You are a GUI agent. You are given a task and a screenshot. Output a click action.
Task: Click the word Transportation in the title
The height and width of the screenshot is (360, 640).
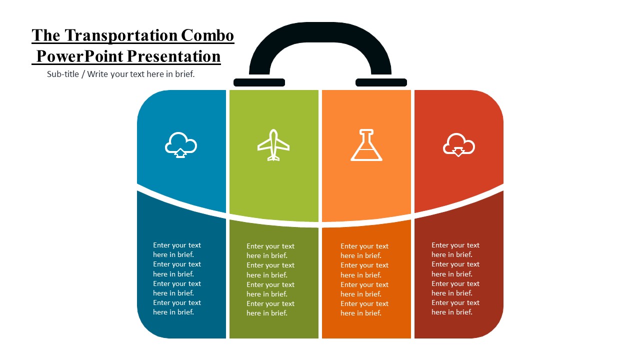pos(121,36)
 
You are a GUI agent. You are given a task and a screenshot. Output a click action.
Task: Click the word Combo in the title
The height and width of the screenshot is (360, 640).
pos(207,35)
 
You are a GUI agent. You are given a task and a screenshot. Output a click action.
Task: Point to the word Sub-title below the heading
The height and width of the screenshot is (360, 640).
pos(63,74)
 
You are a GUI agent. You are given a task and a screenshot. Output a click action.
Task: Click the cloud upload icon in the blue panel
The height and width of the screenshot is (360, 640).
pos(181,145)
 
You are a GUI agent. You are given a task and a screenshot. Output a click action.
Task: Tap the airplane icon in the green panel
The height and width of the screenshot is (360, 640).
pos(273,145)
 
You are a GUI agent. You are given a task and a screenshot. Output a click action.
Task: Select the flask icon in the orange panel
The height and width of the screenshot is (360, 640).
pos(366,145)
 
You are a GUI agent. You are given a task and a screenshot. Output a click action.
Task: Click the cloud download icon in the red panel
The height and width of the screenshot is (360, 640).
pos(459,145)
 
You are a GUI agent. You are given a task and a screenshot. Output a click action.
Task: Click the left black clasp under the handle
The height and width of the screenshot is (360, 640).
pos(259,82)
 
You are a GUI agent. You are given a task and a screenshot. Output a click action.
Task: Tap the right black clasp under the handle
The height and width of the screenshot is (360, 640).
pos(381,82)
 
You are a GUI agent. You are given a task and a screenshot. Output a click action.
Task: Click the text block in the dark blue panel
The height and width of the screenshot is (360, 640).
pos(177,278)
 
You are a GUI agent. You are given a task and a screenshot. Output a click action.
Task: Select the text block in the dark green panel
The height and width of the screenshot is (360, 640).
pos(270,279)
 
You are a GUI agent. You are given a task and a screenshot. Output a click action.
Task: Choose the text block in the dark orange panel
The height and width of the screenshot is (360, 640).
pos(364,279)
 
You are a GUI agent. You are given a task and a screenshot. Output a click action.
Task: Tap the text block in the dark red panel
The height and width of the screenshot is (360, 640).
pos(455,278)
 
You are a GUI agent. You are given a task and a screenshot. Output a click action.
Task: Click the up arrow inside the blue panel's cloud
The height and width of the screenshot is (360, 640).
pos(180,153)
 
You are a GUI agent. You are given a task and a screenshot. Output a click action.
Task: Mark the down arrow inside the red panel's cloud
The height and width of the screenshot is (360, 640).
pos(458,151)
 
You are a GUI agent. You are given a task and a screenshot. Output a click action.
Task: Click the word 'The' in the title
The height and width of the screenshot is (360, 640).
pos(46,35)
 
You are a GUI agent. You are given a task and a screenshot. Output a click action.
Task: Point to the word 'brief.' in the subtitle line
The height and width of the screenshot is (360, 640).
pos(185,74)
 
